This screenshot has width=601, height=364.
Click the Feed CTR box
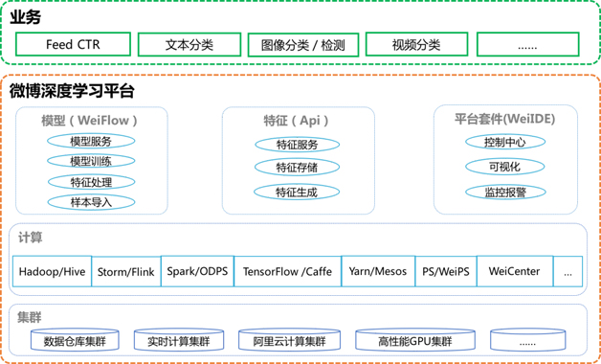pos(72,44)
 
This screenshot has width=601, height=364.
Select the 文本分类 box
pos(189,44)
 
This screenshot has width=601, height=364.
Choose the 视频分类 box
pos(416,44)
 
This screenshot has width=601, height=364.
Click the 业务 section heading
pos(26,17)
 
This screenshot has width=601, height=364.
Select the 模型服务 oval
pos(91,142)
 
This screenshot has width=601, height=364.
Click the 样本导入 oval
pos(91,202)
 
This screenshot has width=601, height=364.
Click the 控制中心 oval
pos(504,142)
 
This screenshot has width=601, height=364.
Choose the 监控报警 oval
pos(504,192)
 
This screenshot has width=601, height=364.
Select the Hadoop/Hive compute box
pos(53,271)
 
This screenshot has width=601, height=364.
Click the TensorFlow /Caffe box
pos(287,271)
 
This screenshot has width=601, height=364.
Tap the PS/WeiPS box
pos(446,271)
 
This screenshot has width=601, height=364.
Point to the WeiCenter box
pos(514,271)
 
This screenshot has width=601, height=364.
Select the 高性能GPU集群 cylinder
pos(414,340)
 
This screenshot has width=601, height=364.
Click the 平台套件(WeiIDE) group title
pos(504,120)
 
